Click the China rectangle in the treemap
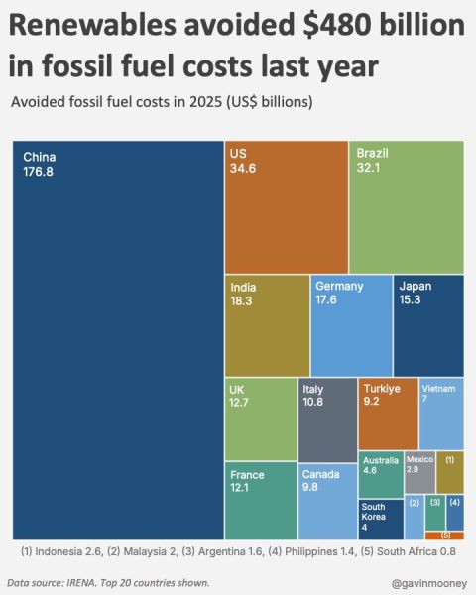click(x=118, y=340)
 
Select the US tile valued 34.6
click(x=287, y=207)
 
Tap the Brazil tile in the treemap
click(x=407, y=207)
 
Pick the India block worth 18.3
click(x=267, y=325)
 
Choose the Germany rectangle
click(x=351, y=325)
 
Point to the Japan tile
click(x=428, y=325)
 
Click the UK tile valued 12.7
click(x=261, y=419)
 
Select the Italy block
click(x=327, y=420)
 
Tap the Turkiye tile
click(x=389, y=414)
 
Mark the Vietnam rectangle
click(x=441, y=414)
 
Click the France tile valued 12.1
click(x=261, y=501)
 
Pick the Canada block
click(x=327, y=502)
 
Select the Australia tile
click(x=381, y=474)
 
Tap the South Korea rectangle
click(x=381, y=519)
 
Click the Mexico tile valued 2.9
click(x=419, y=472)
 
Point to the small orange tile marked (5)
click(x=444, y=535)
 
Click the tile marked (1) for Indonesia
click(x=450, y=472)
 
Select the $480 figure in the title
click(x=337, y=25)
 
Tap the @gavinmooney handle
click(x=429, y=583)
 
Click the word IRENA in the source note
click(x=81, y=582)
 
